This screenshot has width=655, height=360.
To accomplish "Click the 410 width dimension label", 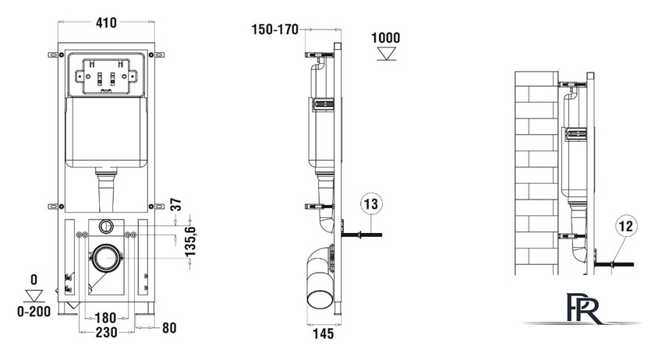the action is tap(106, 22).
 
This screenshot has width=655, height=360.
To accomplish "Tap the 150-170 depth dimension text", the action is tap(274, 30).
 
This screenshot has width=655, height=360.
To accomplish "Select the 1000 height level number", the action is tap(385, 37).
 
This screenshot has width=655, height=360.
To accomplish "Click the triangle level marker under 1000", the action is tap(387, 54).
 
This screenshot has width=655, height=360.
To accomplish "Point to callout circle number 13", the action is tap(371, 204).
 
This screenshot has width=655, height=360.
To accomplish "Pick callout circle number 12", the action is tap(625, 226).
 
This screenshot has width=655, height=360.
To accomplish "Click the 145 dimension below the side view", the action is tap(324, 334).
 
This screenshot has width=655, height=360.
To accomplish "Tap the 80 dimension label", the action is tap(169, 328).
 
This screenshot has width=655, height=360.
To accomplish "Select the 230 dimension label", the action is tap(106, 332).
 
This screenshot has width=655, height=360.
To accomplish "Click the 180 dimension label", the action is tap(106, 318).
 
